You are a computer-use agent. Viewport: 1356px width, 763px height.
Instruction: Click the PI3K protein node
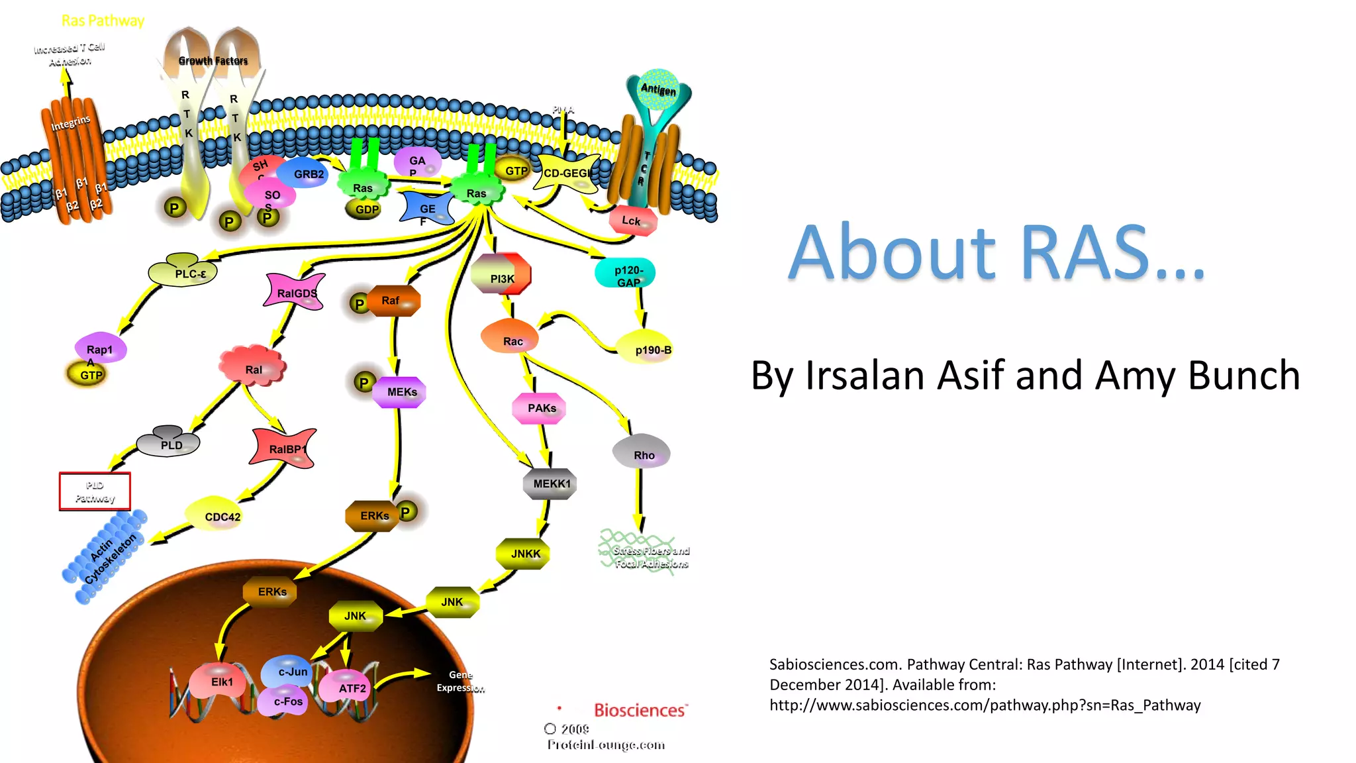pos(501,275)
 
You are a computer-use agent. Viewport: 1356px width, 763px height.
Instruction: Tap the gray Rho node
pos(642,453)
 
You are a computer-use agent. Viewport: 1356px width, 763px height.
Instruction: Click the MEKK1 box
pos(550,483)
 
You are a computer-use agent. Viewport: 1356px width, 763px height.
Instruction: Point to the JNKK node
pos(524,554)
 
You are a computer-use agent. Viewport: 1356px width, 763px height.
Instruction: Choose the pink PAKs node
pos(540,408)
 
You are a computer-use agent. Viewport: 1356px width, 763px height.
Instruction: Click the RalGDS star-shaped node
pos(295,292)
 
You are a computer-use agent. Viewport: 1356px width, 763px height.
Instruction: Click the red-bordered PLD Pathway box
pos(95,491)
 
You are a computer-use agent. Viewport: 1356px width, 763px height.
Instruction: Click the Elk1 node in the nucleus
pos(221,682)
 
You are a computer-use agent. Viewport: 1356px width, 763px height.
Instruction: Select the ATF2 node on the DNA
pos(350,688)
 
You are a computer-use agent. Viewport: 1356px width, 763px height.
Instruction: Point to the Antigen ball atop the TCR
pos(657,89)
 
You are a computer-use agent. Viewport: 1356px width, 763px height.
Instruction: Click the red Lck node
pos(632,221)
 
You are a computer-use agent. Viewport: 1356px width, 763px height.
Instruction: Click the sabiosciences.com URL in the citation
pos(985,705)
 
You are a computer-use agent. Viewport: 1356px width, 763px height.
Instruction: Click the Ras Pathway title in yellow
pos(103,21)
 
